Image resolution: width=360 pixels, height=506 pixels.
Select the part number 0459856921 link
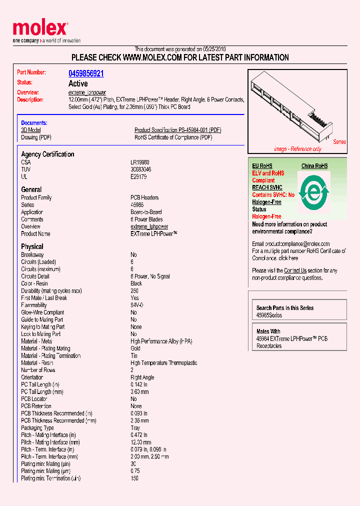point(86,73)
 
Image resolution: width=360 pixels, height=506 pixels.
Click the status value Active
point(78,83)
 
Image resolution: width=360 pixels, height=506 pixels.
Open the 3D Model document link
point(30,130)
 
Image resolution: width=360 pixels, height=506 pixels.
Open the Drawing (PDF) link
point(36,137)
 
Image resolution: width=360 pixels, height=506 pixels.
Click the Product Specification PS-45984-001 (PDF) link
point(177,130)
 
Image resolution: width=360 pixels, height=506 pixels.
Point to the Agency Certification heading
point(47,154)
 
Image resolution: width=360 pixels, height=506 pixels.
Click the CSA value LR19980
point(140,162)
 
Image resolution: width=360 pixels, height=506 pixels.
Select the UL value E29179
point(138,176)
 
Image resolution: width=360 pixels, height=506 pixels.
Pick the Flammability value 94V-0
point(137,305)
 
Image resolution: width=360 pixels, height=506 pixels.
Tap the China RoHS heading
point(314,166)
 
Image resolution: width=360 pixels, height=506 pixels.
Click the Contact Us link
point(295,270)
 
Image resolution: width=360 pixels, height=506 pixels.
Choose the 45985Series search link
point(269,315)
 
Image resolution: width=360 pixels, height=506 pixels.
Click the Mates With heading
point(268,331)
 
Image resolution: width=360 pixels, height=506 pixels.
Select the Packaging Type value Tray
point(135,428)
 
